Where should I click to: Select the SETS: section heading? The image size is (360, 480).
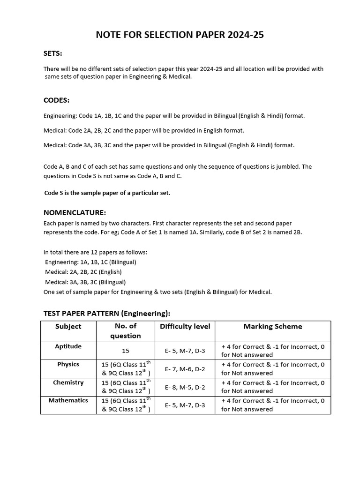click(52, 53)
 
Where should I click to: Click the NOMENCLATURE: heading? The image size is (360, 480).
click(75, 212)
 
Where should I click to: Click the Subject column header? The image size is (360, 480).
click(68, 326)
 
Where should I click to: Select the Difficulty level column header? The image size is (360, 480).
click(185, 326)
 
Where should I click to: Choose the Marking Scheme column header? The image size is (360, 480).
click(272, 326)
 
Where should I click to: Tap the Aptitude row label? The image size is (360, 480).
click(68, 346)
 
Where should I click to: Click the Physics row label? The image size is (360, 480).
click(68, 364)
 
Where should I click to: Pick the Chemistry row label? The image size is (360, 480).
click(68, 382)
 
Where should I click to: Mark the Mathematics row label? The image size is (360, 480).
click(68, 400)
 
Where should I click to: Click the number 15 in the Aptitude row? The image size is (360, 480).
click(125, 351)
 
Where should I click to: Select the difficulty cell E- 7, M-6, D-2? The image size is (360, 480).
click(185, 369)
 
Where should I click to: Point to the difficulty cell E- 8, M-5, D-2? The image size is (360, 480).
click(185, 387)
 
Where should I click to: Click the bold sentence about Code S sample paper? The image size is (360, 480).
click(107, 193)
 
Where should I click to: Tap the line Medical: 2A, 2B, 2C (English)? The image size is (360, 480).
click(83, 272)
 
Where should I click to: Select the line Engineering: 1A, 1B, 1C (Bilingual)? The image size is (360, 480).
click(90, 262)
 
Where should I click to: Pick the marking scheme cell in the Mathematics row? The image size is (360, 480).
click(272, 405)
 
